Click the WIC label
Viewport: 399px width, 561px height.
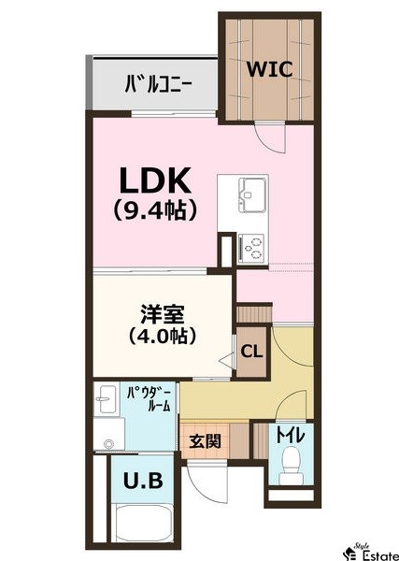pyautogui.click(x=270, y=69)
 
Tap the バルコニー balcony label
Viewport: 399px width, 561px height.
pyautogui.click(x=159, y=85)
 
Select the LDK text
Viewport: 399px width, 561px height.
pyautogui.click(x=154, y=180)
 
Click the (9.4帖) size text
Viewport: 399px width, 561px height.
pyautogui.click(x=154, y=210)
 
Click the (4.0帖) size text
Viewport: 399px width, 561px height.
pyautogui.click(x=160, y=336)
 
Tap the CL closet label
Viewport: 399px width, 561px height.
pyautogui.click(x=251, y=352)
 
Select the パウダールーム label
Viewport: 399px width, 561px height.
pyautogui.click(x=148, y=399)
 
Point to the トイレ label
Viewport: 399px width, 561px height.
pyautogui.click(x=290, y=437)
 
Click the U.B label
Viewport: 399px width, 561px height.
pyautogui.click(x=144, y=482)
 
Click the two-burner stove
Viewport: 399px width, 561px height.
pyautogui.click(x=251, y=248)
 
